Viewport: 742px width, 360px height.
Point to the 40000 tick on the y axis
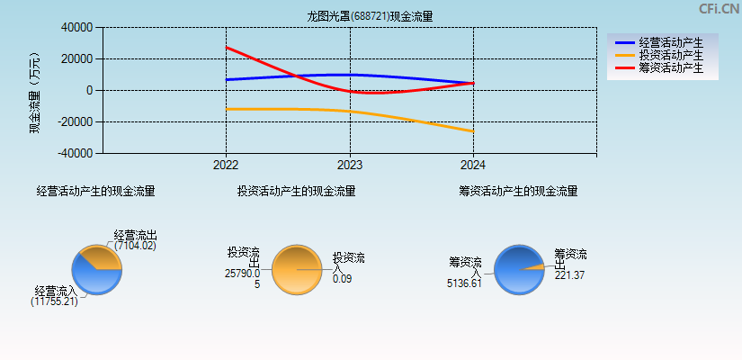tap(76, 28)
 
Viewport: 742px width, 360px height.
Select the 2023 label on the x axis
tap(349, 165)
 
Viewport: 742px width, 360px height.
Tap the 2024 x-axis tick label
tap(472, 165)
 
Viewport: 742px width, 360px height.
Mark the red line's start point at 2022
tap(227, 48)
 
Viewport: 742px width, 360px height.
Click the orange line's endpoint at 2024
tap(472, 131)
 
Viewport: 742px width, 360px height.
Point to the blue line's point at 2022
tap(227, 80)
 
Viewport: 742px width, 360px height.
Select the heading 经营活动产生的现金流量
tap(95, 191)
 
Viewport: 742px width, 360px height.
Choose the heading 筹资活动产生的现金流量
tap(518, 191)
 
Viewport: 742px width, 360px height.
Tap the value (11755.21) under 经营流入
tap(54, 301)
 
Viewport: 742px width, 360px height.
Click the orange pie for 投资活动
tap(295, 269)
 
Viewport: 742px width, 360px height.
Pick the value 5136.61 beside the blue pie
tap(465, 283)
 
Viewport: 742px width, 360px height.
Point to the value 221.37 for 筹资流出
tap(569, 275)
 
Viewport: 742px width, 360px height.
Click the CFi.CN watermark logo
tap(719, 9)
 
